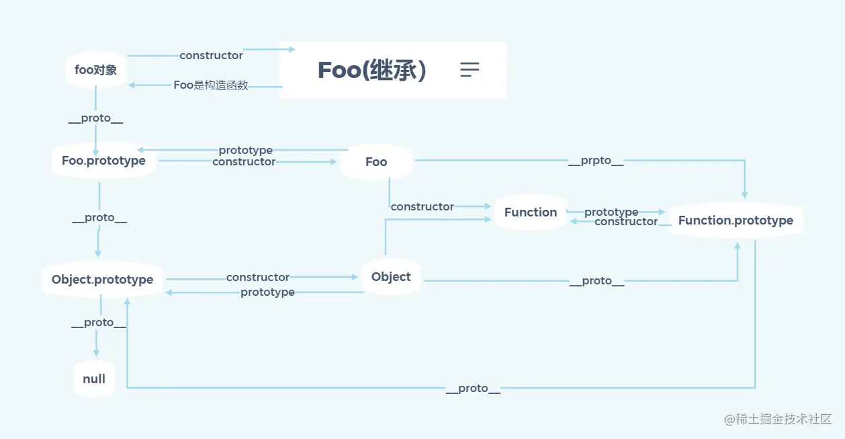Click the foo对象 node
(x=95, y=69)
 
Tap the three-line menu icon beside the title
(x=470, y=69)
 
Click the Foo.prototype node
(x=103, y=161)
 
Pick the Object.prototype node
(x=102, y=280)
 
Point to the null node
(x=94, y=379)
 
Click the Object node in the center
(x=391, y=277)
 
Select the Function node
(x=531, y=212)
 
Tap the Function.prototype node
(x=736, y=221)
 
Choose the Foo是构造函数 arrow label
(x=211, y=85)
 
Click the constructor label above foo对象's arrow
(x=211, y=56)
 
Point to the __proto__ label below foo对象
(x=96, y=119)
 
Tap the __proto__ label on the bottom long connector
(x=473, y=389)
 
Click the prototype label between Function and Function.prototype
(x=611, y=212)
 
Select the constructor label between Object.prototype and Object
(x=258, y=277)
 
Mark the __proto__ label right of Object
(x=596, y=281)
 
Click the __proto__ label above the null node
(x=99, y=323)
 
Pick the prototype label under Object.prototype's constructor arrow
(x=267, y=292)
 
